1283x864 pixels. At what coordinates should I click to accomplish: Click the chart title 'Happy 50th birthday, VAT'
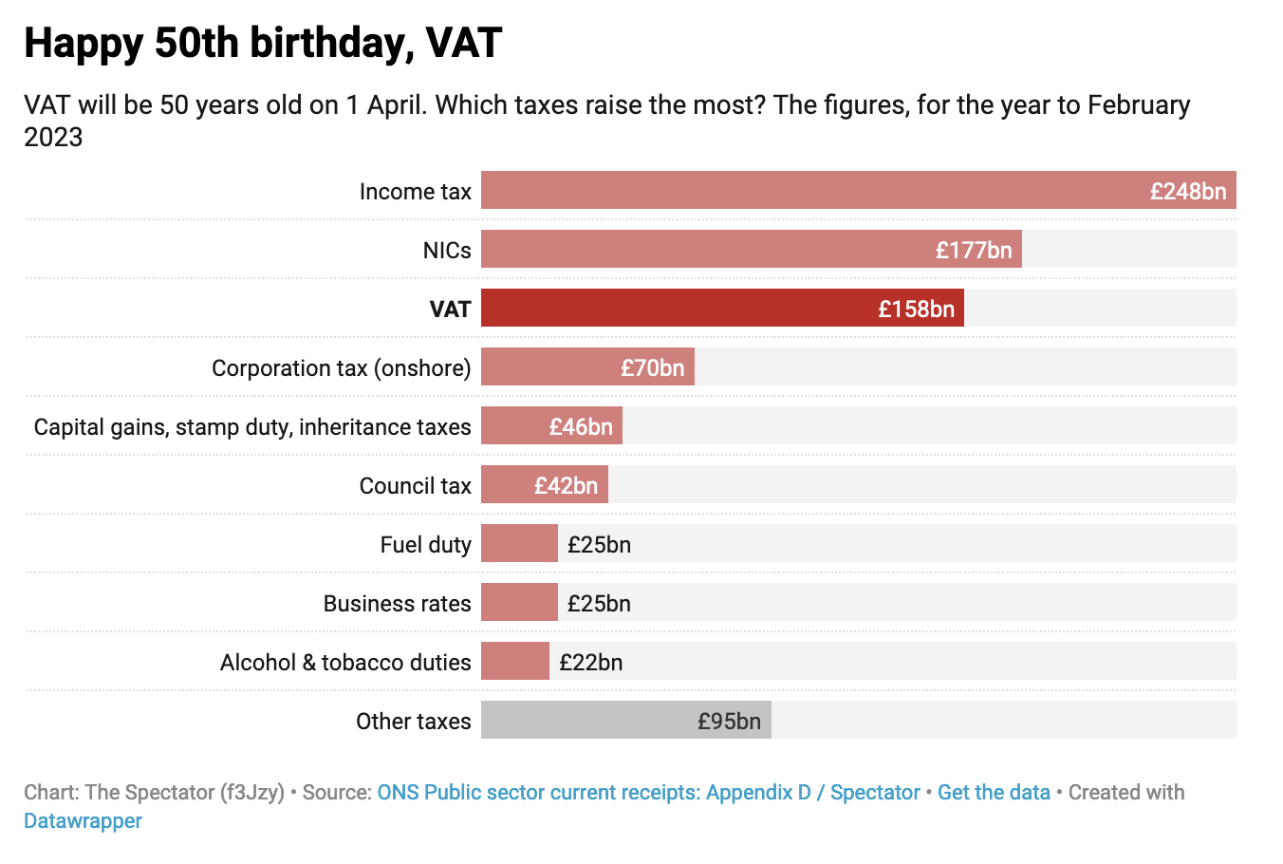[x=263, y=44]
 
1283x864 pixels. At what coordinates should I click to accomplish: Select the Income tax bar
[x=807, y=190]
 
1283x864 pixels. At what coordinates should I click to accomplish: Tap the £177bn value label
[x=974, y=250]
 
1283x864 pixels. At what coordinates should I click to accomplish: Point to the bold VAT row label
[x=450, y=309]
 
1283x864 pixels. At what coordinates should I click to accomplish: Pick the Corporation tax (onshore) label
[x=341, y=367]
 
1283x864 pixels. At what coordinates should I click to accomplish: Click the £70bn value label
[x=652, y=367]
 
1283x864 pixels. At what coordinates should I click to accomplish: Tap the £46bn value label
[x=581, y=426]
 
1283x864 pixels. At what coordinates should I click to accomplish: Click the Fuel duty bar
[x=519, y=543]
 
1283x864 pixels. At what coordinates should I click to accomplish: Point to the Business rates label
[x=397, y=603]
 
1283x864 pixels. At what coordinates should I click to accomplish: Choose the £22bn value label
[x=590, y=662]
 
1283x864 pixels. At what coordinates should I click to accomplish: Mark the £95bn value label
[x=729, y=721]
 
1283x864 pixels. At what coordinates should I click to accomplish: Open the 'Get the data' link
[x=994, y=792]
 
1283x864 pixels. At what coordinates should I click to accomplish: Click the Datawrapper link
[x=83, y=820]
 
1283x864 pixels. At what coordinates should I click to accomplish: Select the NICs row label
[x=447, y=250]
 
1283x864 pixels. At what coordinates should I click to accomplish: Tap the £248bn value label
[x=1188, y=191]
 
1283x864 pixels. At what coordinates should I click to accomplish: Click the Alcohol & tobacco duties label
[x=345, y=662]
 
